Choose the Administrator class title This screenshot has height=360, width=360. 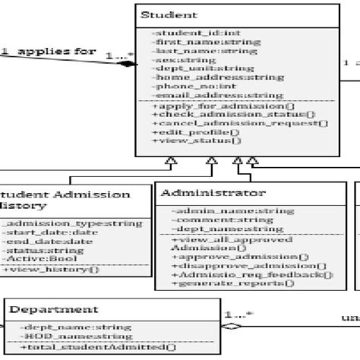coord(213,193)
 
